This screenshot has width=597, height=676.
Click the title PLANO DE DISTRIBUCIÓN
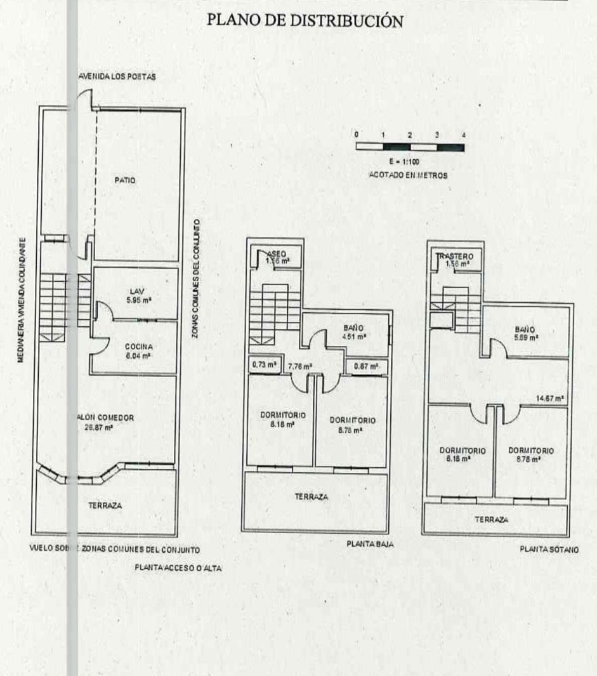305,21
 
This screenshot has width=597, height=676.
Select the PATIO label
126,181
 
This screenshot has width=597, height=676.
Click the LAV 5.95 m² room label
137,296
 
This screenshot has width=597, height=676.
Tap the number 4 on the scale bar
464,135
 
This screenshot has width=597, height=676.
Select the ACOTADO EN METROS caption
409,175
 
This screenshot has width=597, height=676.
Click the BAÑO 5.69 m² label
525,333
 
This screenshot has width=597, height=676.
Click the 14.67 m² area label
550,399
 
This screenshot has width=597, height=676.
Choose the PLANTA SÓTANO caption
549,550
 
